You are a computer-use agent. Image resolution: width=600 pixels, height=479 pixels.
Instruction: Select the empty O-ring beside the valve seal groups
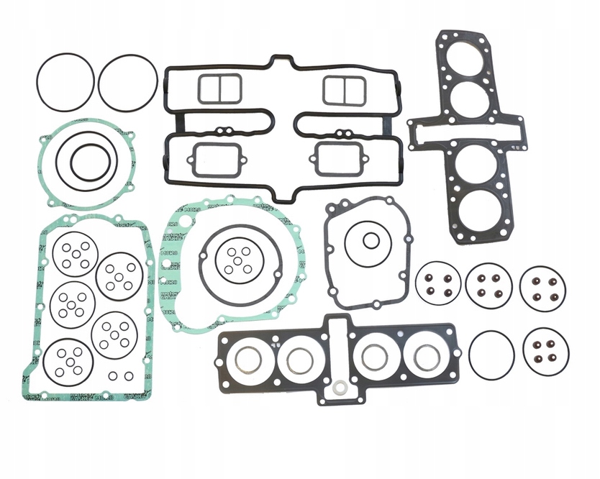tap(491, 353)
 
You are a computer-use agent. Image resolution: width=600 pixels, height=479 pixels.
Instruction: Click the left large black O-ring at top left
tap(65, 82)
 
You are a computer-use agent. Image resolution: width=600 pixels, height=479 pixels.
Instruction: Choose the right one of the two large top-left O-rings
tap(127, 83)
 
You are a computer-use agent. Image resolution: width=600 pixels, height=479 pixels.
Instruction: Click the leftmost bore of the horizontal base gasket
tap(249, 359)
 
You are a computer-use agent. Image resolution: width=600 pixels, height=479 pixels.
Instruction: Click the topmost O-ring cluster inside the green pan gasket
tap(75, 255)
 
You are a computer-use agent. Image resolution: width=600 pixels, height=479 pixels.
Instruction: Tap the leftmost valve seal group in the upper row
tap(438, 285)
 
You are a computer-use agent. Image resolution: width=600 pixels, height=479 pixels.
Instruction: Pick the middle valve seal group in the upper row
tap(488, 285)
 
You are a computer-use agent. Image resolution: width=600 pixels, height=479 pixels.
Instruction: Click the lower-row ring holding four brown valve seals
tap(544, 352)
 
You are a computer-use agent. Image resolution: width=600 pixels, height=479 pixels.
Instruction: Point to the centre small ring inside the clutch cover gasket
tap(237, 260)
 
